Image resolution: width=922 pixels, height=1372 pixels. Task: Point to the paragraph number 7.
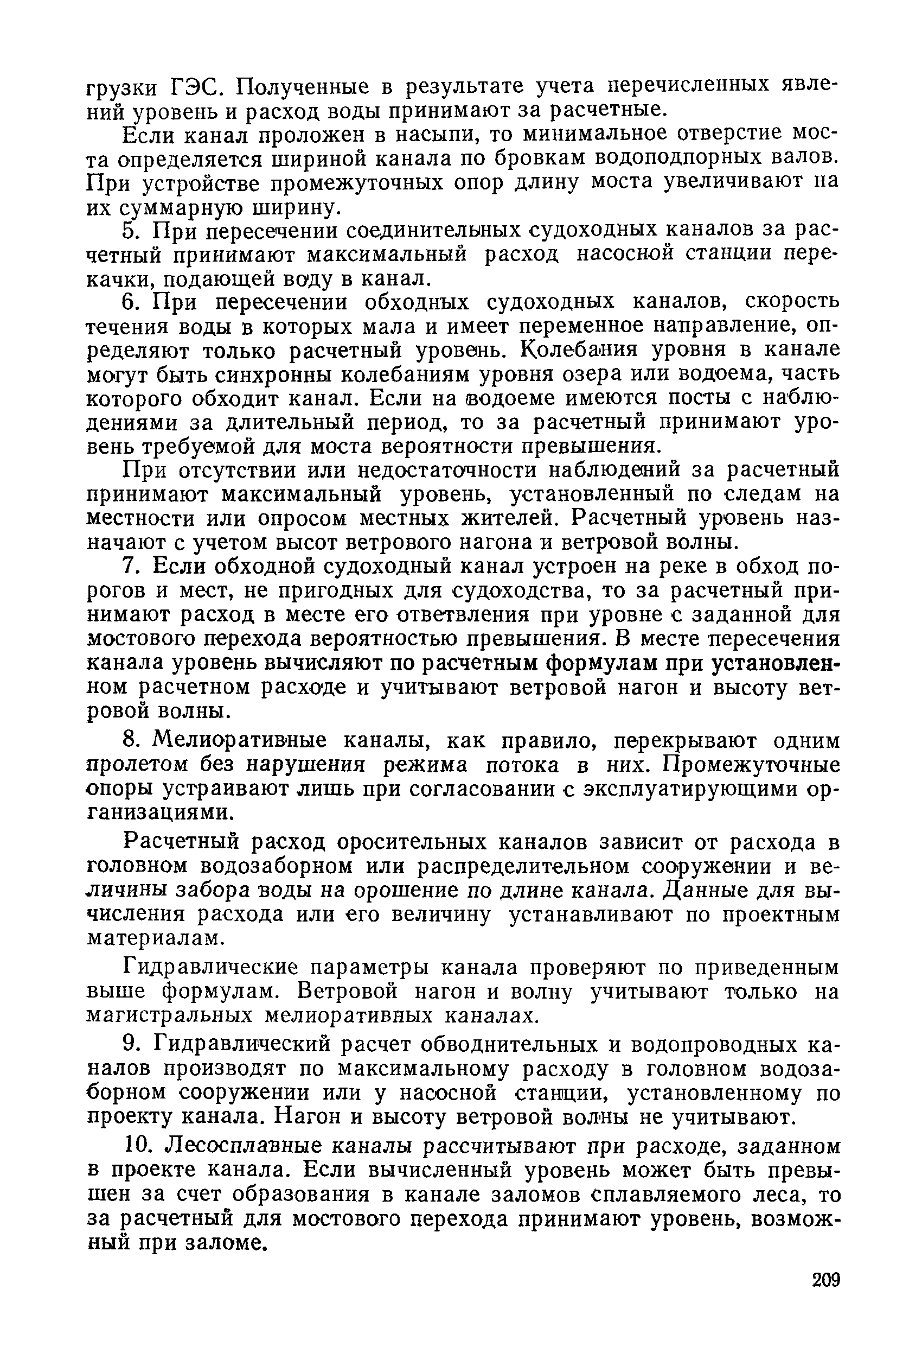(x=131, y=566)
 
